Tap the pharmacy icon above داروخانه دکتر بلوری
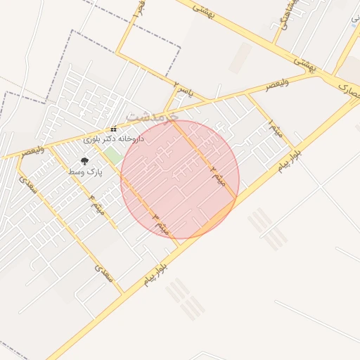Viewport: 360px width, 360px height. coord(113,129)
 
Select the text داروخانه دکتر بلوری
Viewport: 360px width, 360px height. coord(114,139)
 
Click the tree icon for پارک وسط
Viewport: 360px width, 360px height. coord(85,162)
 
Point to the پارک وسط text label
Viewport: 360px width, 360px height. coord(86,172)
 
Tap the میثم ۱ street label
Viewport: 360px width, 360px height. coord(274,129)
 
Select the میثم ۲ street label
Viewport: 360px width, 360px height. coord(218,175)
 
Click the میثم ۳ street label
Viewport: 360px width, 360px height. coord(161,224)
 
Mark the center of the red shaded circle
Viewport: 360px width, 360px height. coord(180,179)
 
